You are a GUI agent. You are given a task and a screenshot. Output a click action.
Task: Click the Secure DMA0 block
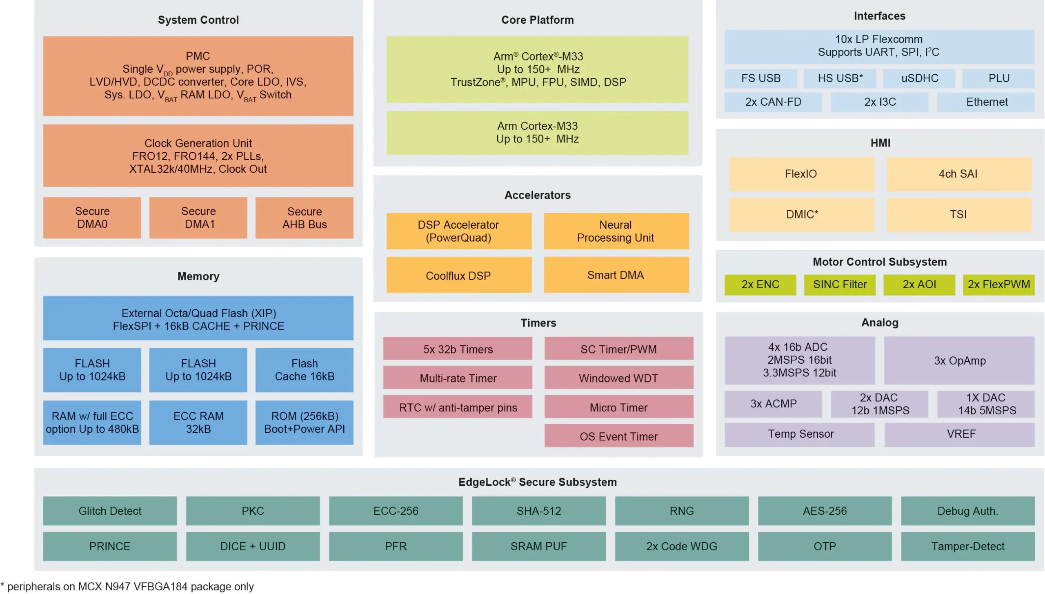92,218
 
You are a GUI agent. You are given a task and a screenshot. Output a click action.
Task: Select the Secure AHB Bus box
304,218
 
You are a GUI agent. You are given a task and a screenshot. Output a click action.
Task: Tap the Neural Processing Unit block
616,231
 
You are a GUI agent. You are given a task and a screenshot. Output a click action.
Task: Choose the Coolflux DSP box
458,275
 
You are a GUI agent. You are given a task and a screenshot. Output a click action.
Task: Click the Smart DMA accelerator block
616,275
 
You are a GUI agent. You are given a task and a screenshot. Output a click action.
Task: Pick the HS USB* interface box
840,78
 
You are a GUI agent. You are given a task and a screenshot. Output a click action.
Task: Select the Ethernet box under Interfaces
986,102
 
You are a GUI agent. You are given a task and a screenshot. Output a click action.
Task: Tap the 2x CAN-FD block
773,102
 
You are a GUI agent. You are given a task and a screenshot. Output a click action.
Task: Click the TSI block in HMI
958,214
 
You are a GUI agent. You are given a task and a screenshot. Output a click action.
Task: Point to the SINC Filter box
839,284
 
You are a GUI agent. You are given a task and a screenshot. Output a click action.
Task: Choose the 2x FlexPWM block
998,284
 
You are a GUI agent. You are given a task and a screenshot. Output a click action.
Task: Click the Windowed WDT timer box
618,378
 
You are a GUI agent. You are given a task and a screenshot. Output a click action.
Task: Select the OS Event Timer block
618,436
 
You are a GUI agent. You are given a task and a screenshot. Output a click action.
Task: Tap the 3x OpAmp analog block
959,360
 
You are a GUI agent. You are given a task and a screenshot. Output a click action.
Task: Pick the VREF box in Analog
959,434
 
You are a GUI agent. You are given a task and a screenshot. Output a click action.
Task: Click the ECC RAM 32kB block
198,422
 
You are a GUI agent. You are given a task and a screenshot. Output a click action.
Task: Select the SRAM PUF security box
538,546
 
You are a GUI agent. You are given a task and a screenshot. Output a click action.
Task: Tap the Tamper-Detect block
967,546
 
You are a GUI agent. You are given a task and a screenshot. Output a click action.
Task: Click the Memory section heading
198,276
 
